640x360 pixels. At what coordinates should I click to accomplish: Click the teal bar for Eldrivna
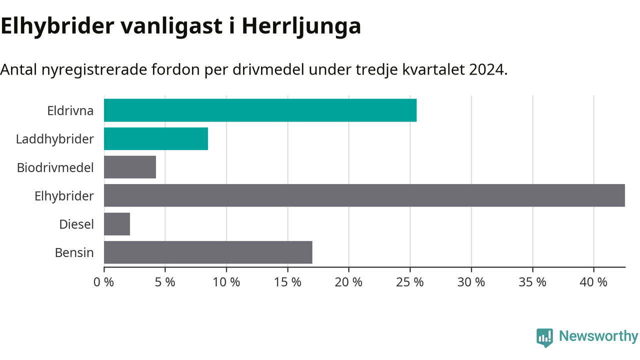[x=260, y=110]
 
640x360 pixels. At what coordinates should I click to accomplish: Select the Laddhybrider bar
[x=156, y=138]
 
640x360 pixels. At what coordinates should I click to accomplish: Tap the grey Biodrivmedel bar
[x=130, y=167]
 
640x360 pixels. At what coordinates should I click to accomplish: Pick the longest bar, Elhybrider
[x=364, y=195]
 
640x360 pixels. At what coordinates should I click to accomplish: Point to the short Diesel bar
[x=117, y=224]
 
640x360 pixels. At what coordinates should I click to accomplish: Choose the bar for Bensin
[x=208, y=252]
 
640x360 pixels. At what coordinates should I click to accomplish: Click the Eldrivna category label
[x=70, y=111]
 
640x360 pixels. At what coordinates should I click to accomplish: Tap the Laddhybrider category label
[x=55, y=139]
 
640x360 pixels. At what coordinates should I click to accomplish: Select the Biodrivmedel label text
[x=55, y=167]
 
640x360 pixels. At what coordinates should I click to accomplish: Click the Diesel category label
[x=76, y=224]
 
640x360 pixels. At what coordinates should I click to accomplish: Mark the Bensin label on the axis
[x=74, y=253]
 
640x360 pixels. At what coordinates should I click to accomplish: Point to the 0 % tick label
[x=103, y=282]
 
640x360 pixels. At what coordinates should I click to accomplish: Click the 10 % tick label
[x=226, y=282]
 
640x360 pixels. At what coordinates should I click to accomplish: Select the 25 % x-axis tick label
[x=410, y=282]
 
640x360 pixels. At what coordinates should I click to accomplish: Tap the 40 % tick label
[x=593, y=282]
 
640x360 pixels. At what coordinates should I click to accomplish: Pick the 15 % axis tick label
[x=287, y=282]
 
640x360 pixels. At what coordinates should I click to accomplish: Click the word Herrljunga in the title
[x=301, y=27]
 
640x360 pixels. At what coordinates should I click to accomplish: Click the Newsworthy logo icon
[x=544, y=337]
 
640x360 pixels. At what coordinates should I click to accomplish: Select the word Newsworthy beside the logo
[x=598, y=336]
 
